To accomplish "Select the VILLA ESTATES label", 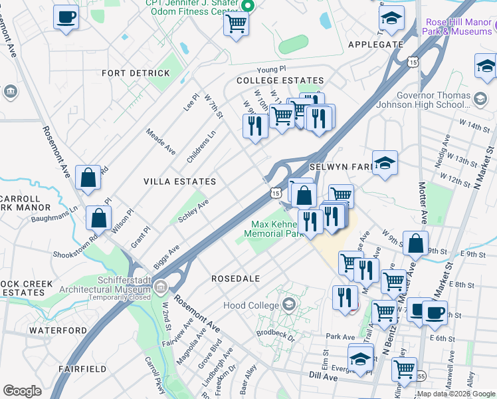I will (180, 182).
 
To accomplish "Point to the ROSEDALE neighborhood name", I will (235, 278).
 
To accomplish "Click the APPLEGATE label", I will (375, 45).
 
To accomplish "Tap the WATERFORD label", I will (58, 330).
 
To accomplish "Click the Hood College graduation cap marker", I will (288, 305).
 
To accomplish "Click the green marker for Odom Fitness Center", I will (248, 7).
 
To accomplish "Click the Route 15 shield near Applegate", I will (413, 62).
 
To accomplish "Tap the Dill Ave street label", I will (324, 376).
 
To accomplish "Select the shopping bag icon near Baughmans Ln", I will (98, 218).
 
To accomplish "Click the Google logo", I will (23, 391).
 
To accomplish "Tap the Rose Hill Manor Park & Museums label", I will (459, 27).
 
